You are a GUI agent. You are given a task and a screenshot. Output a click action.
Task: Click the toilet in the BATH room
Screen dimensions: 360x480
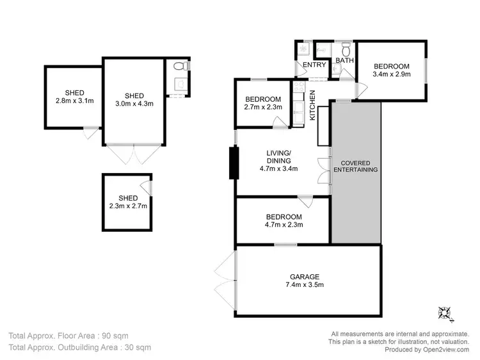[346, 49]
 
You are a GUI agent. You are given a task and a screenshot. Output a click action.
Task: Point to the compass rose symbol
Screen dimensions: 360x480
[445, 313]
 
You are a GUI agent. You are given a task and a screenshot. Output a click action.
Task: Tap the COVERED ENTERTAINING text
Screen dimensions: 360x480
[356, 166]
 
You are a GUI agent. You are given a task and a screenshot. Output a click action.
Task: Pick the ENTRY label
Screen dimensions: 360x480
[314, 65]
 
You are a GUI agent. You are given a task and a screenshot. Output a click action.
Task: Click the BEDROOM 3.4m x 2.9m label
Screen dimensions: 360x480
[391, 70]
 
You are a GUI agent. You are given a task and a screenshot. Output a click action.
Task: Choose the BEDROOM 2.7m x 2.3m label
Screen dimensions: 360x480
[263, 103]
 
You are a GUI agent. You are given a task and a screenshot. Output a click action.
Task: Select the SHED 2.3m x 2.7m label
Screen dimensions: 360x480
[127, 202]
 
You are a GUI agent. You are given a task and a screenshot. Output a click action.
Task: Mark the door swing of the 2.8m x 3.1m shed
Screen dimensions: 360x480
[91, 133]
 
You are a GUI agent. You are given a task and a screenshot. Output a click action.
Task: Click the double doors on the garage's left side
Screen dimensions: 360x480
[225, 281]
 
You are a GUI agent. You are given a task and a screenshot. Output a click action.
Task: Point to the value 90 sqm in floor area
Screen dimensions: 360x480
[131, 335]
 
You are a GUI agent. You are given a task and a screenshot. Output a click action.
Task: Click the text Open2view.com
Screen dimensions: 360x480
[445, 350]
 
